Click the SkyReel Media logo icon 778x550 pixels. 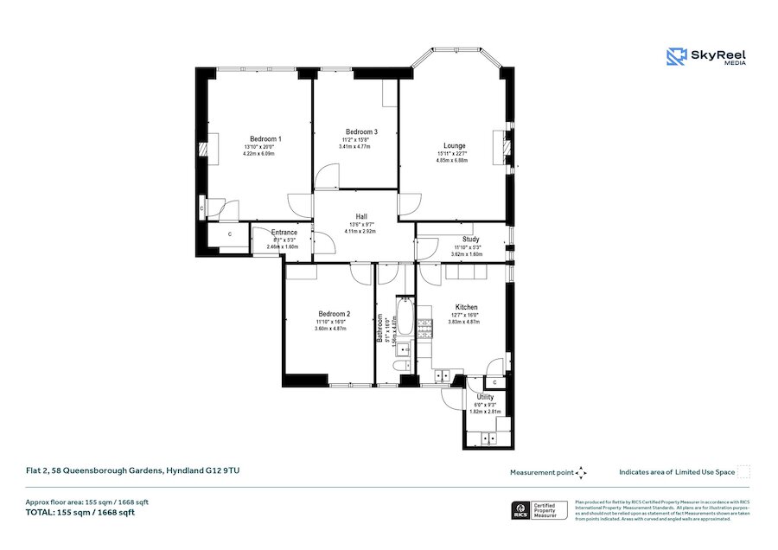(676, 57)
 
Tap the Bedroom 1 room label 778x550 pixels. (265, 138)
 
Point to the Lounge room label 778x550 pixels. (455, 145)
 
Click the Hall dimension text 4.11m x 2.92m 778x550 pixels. (360, 232)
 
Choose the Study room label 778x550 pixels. (470, 239)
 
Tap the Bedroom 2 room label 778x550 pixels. (334, 314)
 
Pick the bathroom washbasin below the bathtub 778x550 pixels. (402, 349)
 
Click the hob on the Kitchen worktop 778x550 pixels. (424, 327)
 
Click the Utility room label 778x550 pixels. (485, 397)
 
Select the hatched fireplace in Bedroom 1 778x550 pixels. (204, 150)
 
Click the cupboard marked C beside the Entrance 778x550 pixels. (230, 234)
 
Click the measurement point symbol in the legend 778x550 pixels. (581, 472)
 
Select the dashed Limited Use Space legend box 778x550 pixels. (743, 472)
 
